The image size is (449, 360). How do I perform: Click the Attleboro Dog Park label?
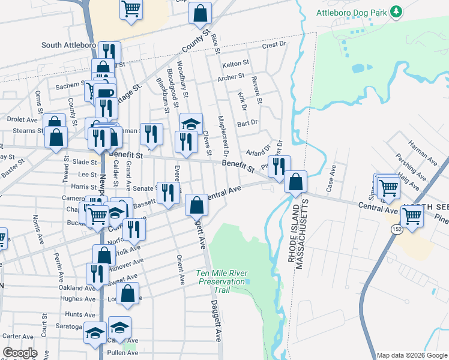351,11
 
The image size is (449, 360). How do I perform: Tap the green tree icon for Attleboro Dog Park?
396,11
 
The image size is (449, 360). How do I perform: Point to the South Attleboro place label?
68,45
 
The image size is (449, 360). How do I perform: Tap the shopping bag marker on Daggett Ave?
196,206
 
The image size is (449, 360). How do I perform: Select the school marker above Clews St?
191,124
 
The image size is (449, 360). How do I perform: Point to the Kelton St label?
235,63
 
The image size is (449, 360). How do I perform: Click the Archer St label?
231,77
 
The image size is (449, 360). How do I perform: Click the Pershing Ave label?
410,167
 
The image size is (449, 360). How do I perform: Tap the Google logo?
20,353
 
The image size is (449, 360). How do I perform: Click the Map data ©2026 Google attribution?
411,355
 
